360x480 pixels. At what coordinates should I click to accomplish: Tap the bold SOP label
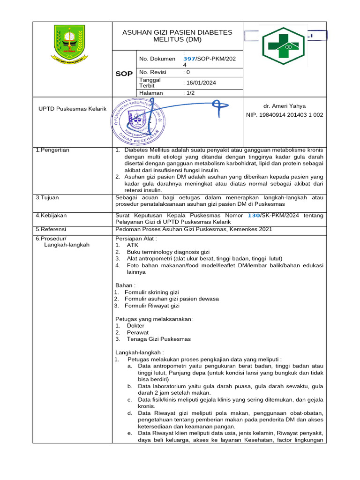click(x=124, y=74)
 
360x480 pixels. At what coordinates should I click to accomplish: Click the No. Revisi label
click(x=153, y=73)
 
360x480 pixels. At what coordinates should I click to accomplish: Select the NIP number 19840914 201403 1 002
click(x=285, y=115)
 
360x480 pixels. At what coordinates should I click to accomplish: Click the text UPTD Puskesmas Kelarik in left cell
click(x=72, y=109)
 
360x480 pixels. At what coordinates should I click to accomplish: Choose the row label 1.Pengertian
click(x=52, y=150)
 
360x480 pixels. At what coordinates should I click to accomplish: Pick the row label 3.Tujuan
click(x=47, y=198)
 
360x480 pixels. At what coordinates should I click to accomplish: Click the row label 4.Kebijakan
click(x=51, y=215)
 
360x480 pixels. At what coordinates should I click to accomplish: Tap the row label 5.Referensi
click(x=51, y=229)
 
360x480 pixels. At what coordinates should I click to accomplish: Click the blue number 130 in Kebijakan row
click(x=254, y=215)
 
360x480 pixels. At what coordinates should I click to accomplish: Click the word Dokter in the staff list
click(x=135, y=325)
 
